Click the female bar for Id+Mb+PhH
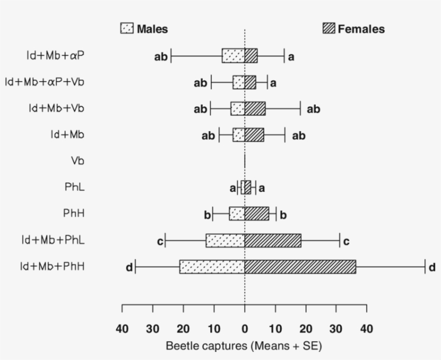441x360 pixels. pyautogui.click(x=300, y=267)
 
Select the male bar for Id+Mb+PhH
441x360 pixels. pyautogui.click(x=212, y=267)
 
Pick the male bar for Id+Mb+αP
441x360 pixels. pyautogui.click(x=233, y=55)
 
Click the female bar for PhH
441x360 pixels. pyautogui.click(x=257, y=214)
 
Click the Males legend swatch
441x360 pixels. pyautogui.click(x=126, y=28)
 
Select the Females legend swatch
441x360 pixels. pyautogui.click(x=329, y=28)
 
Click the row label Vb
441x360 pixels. pyautogui.click(x=77, y=161)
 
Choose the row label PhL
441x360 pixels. pyautogui.click(x=74, y=187)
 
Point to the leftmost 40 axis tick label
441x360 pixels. pyautogui.click(x=122, y=328)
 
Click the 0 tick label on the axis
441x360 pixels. pyautogui.click(x=245, y=328)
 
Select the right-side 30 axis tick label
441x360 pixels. pyautogui.click(x=336, y=328)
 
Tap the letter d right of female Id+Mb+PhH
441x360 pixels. pyautogui.click(x=432, y=267)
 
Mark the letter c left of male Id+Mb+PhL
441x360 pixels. pyautogui.click(x=160, y=241)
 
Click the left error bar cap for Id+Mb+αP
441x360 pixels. pyautogui.click(x=171, y=55)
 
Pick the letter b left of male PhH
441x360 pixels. pyautogui.click(x=207, y=215)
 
